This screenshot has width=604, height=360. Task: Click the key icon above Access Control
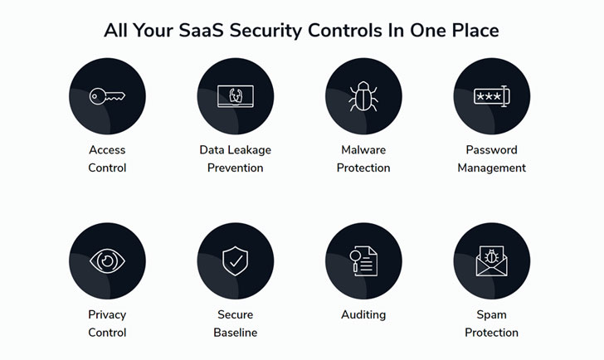coord(107,96)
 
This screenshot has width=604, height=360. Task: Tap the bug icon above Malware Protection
coord(363,96)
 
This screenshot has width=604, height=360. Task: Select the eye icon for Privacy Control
coord(107,261)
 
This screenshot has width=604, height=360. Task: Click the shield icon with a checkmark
coord(236,261)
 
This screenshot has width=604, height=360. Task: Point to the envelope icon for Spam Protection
coord(491,261)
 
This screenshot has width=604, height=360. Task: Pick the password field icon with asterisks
coord(491,96)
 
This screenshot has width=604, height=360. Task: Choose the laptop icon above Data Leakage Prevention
coord(236,96)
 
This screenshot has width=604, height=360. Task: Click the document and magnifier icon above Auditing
coord(363,261)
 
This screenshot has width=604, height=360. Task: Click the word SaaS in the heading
coord(201,31)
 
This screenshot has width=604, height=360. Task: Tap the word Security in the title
coord(265,32)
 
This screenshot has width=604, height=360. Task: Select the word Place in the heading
coord(475,31)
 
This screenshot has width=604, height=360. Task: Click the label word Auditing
coord(363,315)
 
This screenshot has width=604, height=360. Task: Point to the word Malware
coord(363,150)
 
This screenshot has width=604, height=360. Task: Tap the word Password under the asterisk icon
coord(491,150)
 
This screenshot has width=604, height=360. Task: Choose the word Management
coord(491,168)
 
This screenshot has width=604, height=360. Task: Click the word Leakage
coord(251,150)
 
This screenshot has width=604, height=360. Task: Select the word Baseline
coord(236,333)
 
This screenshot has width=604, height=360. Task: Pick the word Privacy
coord(107,315)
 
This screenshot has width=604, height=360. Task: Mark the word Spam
coord(491,315)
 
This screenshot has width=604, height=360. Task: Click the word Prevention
coord(236,168)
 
